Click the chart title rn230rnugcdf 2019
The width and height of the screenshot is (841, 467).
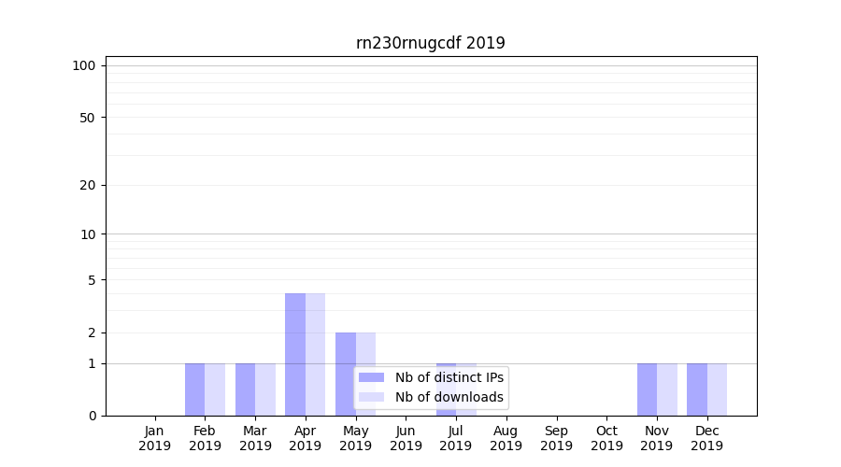point(431,43)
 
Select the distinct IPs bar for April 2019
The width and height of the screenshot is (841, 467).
point(295,355)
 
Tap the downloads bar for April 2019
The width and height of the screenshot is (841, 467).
point(315,355)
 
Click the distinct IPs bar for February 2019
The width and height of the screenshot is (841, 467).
point(194,389)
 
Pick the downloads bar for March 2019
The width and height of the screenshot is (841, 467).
point(265,389)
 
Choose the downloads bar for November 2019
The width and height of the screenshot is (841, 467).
point(667,389)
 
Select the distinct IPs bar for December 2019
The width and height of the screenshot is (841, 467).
point(697,389)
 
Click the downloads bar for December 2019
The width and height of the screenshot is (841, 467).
point(717,389)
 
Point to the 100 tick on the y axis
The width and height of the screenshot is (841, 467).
point(84,65)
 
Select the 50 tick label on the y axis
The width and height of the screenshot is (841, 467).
point(88,118)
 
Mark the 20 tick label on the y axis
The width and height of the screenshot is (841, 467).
point(88,185)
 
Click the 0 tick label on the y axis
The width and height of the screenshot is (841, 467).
point(92,416)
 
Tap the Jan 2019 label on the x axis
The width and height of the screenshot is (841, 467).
point(155,438)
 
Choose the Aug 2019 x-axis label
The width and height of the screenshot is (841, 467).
point(506,438)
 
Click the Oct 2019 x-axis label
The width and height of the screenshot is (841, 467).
point(606,438)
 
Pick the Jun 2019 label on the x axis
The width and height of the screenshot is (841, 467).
point(406,438)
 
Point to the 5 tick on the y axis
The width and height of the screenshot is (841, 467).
point(92,280)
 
